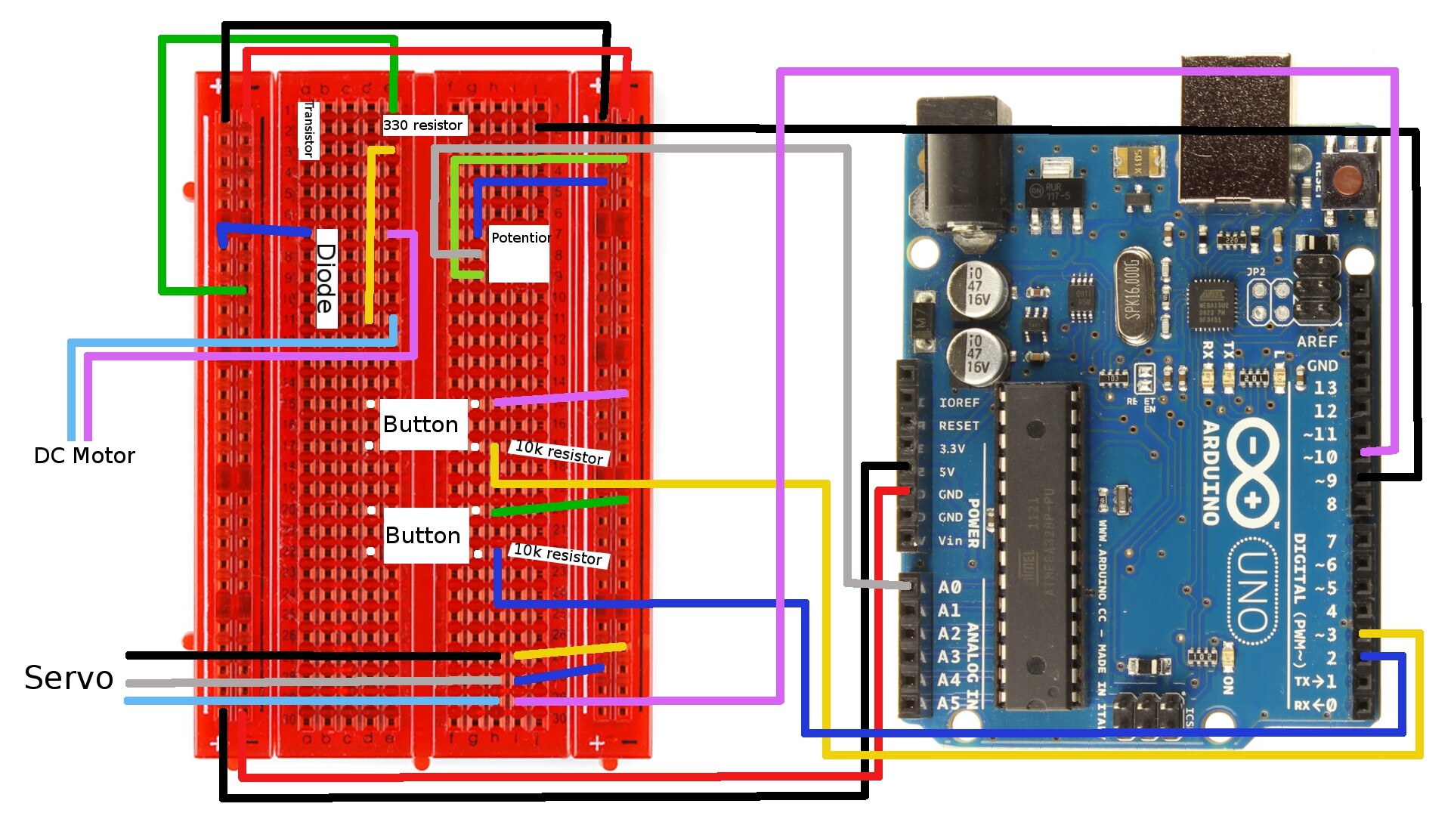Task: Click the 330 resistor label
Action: pyautogui.click(x=424, y=125)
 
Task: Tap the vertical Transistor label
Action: pyautogui.click(x=308, y=130)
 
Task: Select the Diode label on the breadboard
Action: pyautogui.click(x=326, y=278)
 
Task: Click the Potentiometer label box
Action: pyautogui.click(x=519, y=253)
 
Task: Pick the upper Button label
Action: pyautogui.click(x=421, y=425)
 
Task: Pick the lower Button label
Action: pyautogui.click(x=423, y=536)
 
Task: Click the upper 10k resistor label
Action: pyautogui.click(x=558, y=452)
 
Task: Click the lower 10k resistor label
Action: pyautogui.click(x=558, y=555)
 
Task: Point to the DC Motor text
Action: pyautogui.click(x=84, y=456)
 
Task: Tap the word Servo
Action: pyautogui.click(x=69, y=678)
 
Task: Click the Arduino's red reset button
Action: pyautogui.click(x=1346, y=181)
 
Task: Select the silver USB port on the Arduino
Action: pyautogui.click(x=1235, y=128)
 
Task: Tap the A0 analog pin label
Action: pyautogui.click(x=949, y=587)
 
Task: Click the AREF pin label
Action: pyautogui.click(x=1316, y=342)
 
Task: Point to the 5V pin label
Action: pyautogui.click(x=946, y=471)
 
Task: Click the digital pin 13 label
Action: pyautogui.click(x=1324, y=388)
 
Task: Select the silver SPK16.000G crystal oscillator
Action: pyautogui.click(x=1134, y=295)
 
